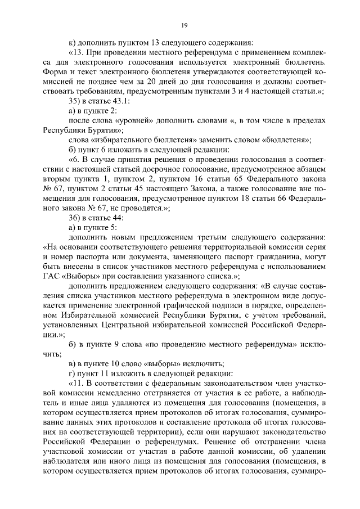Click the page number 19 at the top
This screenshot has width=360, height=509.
click(183, 25)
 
